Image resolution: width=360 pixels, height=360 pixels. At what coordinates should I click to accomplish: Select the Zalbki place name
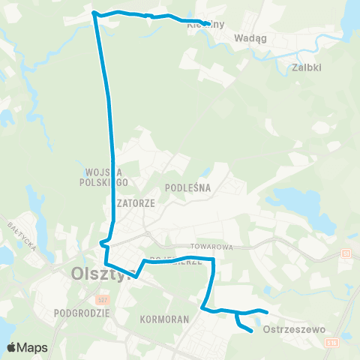304,67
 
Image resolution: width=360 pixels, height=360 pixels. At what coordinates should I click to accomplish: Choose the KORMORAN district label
163,319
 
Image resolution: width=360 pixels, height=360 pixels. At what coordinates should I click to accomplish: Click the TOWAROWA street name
217,246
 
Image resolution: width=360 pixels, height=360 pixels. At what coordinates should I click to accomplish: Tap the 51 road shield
346,253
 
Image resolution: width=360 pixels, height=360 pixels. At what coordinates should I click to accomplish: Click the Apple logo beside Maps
12,347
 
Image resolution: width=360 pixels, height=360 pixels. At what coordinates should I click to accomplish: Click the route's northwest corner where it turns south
94,13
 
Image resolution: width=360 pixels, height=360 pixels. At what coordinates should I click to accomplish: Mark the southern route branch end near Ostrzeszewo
250,329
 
